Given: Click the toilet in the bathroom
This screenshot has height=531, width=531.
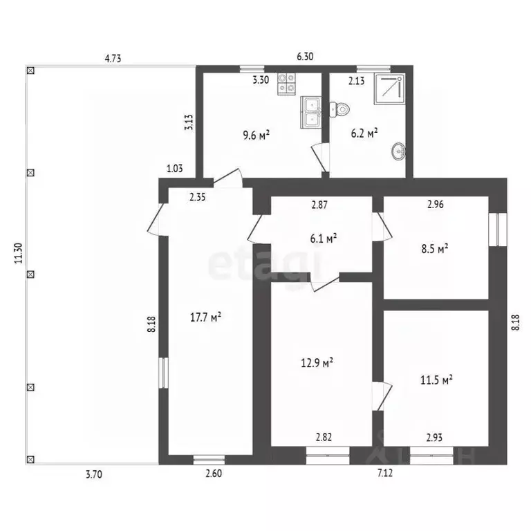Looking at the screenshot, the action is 339,110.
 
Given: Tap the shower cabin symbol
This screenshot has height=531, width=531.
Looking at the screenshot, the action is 389,89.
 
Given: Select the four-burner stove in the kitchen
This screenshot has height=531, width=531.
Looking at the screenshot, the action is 286,84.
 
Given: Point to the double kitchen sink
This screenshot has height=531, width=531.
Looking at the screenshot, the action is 310,113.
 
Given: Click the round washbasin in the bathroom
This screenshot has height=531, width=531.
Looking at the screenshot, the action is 398,151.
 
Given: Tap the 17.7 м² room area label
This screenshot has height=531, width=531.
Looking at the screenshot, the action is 205,317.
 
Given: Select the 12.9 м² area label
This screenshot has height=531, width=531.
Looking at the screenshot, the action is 317,363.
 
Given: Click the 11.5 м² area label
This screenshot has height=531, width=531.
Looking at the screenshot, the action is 436,380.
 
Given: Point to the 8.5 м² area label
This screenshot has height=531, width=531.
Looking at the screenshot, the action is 435,249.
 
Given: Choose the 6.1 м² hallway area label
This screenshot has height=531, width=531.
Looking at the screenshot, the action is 324,239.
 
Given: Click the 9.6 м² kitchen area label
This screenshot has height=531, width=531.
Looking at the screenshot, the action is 257,135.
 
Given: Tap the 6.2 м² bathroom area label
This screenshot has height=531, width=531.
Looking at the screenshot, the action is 364,133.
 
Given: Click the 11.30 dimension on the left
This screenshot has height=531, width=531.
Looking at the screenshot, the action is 18,253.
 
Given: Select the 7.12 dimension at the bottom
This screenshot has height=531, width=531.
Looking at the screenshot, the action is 385,473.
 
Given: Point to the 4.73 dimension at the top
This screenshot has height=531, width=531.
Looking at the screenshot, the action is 113,58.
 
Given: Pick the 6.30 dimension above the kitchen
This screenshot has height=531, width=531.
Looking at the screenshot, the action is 305,56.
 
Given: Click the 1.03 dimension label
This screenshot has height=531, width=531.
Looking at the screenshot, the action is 175,168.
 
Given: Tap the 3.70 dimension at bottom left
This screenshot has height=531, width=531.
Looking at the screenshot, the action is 94,474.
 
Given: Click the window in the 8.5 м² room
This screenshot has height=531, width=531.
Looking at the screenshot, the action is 498,230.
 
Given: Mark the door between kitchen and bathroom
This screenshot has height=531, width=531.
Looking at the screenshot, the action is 320,158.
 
